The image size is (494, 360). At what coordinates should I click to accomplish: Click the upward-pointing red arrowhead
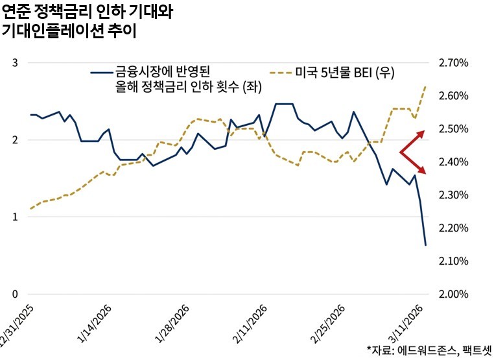[421, 133]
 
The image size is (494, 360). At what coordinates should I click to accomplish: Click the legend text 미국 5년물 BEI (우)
[344, 72]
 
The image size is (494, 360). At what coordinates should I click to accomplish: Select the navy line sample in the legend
[100, 72]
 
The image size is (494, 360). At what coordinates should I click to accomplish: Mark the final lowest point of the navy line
[425, 245]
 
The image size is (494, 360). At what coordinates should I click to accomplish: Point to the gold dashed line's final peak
[425, 86]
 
